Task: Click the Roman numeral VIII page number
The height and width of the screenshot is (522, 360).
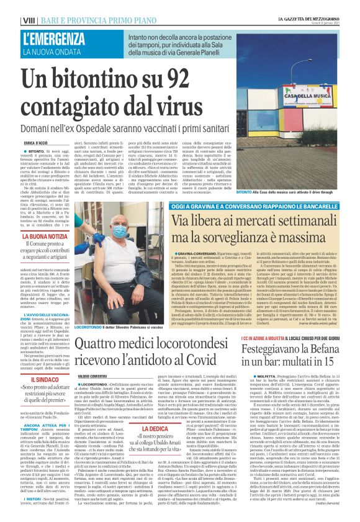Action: [x=11, y=21]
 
